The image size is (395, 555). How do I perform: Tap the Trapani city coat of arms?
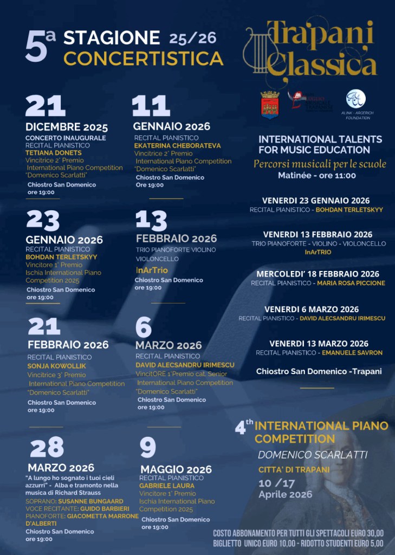pyautogui.click(x=269, y=104)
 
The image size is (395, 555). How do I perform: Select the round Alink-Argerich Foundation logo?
pyautogui.click(x=355, y=99)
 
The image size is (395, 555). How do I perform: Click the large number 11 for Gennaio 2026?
pyautogui.click(x=151, y=106)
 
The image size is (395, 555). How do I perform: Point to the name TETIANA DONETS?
pyautogui.click(x=53, y=153)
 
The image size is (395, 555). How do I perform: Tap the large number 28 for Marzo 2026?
pyautogui.click(x=47, y=447)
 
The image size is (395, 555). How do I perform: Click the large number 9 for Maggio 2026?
pyautogui.click(x=148, y=448)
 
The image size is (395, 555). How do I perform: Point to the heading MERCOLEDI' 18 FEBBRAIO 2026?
pyautogui.click(x=318, y=274)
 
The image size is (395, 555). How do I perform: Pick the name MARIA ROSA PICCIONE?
pyautogui.click(x=351, y=283)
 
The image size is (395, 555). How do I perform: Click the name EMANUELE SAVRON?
pyautogui.click(x=352, y=353)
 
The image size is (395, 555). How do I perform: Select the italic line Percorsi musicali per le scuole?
pyautogui.click(x=320, y=164)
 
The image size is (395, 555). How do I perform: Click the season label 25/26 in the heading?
pyautogui.click(x=192, y=38)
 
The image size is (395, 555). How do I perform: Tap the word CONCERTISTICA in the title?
pyautogui.click(x=143, y=59)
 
